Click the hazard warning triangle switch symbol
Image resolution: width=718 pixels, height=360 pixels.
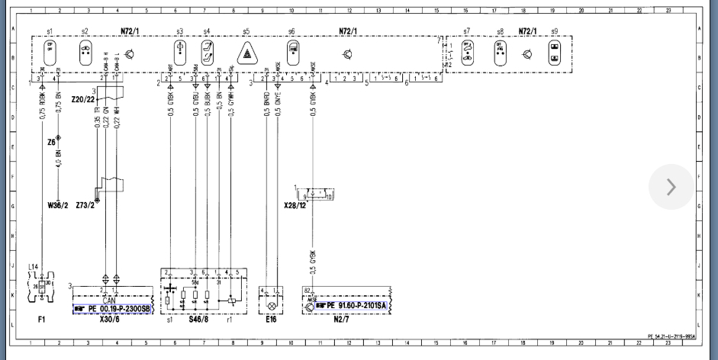point(246,54)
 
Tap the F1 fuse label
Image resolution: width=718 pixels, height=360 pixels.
point(41,319)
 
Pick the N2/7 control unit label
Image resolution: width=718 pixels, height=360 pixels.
point(341,320)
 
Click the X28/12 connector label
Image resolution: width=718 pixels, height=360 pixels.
point(294,206)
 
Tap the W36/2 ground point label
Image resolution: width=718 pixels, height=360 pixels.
point(58,205)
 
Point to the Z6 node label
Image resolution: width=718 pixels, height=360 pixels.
point(51,142)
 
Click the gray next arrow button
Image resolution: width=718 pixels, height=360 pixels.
point(671,187)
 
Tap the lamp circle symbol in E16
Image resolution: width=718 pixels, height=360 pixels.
point(270,305)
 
